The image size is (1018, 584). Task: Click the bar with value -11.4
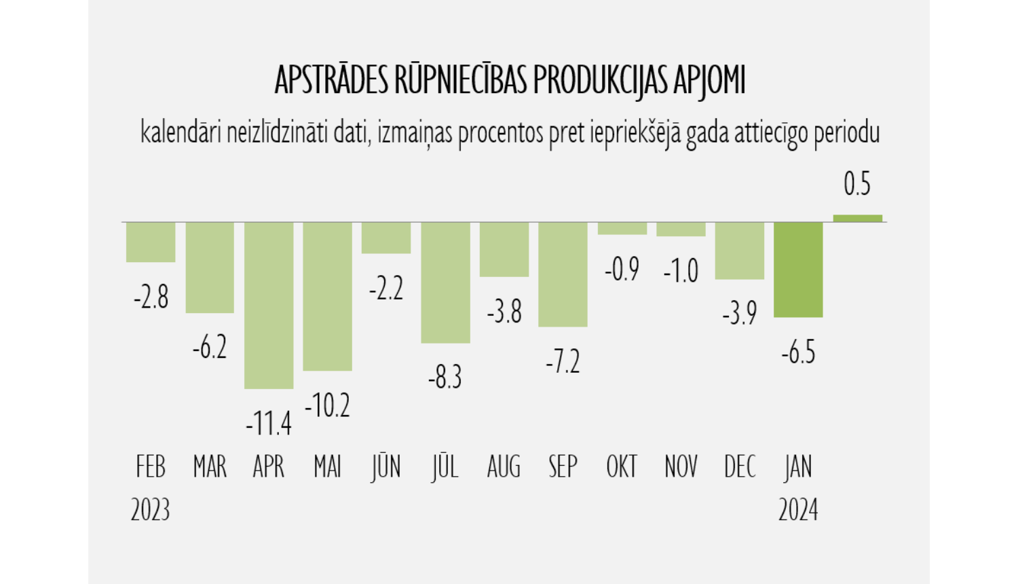coord(269,305)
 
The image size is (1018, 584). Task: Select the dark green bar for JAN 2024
coord(798,270)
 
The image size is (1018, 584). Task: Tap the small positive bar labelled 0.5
coord(858,218)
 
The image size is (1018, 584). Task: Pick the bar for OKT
coord(622,228)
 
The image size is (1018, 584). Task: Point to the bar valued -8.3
coord(445,282)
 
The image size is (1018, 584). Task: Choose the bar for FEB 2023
coord(151,242)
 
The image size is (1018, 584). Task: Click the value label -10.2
coord(327,406)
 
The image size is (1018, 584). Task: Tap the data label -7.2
coord(563,362)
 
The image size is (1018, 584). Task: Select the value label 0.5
coord(857,184)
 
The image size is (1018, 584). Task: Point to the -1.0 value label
coord(681,271)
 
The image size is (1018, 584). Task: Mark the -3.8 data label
coord(504,312)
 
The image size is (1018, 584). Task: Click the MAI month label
coord(327,467)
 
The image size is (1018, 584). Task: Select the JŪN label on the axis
coord(386,467)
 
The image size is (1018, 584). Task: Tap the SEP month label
coord(563,467)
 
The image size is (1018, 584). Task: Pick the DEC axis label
coord(740,467)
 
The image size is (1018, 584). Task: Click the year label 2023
coord(150,510)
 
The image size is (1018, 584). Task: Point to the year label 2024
coord(798,510)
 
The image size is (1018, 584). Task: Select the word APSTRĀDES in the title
coord(331,81)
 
